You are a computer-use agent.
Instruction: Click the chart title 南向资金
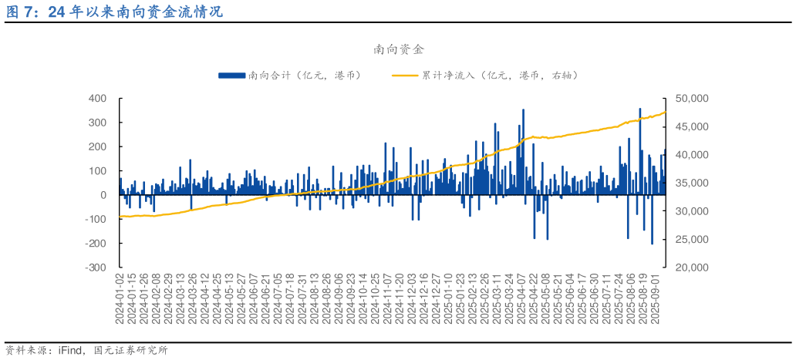click(398, 49)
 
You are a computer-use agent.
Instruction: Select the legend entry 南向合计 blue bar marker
click(231, 75)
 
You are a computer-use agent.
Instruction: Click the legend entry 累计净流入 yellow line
click(406, 75)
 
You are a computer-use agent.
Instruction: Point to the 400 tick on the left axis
click(97, 99)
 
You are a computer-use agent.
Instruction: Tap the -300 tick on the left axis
click(96, 267)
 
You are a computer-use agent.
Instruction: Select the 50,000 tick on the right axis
click(693, 99)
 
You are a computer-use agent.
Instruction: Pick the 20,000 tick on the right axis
click(693, 267)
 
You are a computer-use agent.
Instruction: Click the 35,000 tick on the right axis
click(693, 183)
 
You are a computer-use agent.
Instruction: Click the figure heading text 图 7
click(22, 12)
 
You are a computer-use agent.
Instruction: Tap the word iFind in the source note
click(71, 351)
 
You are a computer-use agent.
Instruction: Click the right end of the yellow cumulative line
click(665, 113)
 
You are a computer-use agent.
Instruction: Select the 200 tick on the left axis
click(97, 146)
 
